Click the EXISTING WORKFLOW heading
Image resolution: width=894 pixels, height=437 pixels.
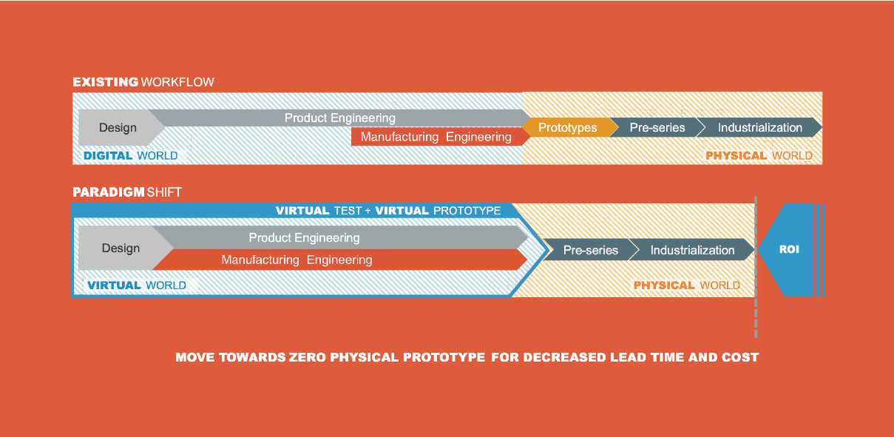(143, 81)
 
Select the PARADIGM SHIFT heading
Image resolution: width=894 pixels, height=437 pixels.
(126, 192)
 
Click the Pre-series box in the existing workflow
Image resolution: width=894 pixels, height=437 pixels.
(657, 128)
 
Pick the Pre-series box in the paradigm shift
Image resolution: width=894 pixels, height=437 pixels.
(590, 250)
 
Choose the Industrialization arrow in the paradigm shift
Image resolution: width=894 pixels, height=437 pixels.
(692, 250)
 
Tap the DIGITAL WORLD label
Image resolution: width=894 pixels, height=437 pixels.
(131, 155)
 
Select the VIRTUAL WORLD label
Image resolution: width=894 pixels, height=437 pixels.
(137, 285)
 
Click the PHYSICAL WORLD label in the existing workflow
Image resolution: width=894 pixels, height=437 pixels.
(759, 155)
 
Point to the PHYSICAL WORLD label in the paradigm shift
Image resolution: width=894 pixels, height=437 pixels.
(686, 285)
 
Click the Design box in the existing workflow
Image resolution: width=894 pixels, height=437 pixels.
(118, 128)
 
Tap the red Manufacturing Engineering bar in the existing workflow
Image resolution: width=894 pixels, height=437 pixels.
(436, 137)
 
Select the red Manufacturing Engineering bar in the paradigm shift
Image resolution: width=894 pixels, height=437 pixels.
(297, 260)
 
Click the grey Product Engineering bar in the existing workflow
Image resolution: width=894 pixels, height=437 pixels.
(340, 118)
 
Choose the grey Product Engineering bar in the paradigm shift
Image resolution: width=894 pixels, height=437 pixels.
(304, 238)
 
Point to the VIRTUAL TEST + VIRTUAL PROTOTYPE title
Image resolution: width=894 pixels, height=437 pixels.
(388, 211)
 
